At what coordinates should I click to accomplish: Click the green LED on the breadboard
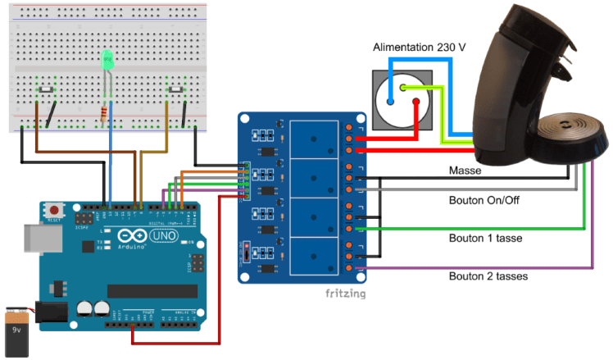coord(107,61)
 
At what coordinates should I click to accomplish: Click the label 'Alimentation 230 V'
coord(419,48)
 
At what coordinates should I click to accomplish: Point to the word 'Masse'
coord(465,171)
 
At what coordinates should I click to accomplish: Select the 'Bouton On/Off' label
coord(484,198)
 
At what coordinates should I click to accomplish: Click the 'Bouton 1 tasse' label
coord(486,238)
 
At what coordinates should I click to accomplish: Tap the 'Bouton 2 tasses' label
coord(488,276)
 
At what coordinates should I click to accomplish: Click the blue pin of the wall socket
coord(390,103)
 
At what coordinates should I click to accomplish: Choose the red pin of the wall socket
coord(417,103)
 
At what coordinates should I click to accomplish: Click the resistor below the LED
coord(103,113)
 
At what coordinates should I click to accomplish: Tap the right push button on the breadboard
coord(175,89)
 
